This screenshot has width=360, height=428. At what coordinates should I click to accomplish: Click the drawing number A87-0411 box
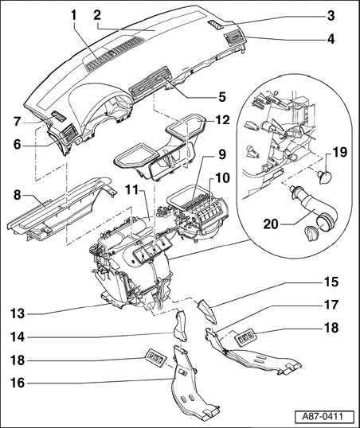click(324, 417)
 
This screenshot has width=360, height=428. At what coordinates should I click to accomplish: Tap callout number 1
click(73, 16)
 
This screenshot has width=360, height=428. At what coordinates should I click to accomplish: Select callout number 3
click(331, 16)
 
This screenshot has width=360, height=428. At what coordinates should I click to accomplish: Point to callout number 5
click(221, 96)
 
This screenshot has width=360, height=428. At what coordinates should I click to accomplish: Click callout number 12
click(222, 119)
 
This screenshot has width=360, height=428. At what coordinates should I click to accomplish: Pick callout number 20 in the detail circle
click(271, 224)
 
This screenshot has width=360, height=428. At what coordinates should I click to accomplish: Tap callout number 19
click(340, 152)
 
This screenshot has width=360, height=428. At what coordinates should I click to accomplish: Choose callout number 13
click(18, 313)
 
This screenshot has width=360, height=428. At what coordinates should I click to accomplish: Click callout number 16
click(18, 383)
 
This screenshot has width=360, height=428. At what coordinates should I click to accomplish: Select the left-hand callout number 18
click(18, 360)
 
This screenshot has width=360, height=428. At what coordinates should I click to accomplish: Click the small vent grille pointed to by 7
click(59, 116)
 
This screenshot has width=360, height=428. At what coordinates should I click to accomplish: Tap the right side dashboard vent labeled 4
click(233, 39)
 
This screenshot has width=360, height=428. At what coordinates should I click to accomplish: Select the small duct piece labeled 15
click(206, 311)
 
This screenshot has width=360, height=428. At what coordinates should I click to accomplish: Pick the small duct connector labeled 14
click(180, 325)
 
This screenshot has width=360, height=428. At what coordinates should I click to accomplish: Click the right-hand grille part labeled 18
click(245, 338)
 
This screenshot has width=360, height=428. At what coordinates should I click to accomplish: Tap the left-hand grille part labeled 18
click(156, 356)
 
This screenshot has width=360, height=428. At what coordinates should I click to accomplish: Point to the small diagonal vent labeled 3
click(217, 25)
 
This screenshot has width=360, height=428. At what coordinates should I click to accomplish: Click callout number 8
click(18, 196)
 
